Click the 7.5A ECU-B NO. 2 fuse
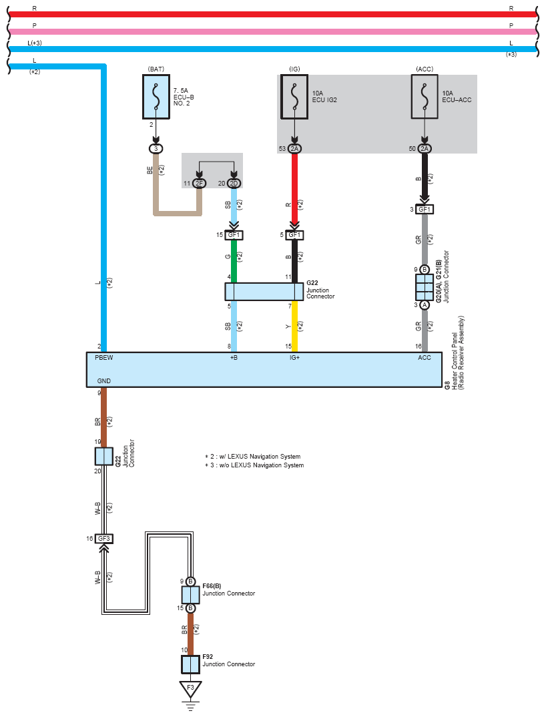(x=156, y=97)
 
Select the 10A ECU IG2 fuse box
(x=294, y=97)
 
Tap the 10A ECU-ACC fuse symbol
(x=425, y=97)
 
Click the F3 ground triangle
(x=191, y=689)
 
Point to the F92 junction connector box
(x=191, y=664)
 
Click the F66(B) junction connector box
(x=191, y=595)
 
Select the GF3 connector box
(x=104, y=539)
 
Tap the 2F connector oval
(x=199, y=184)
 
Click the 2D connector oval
(x=234, y=184)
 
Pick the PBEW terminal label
(x=104, y=358)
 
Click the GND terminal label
(x=104, y=381)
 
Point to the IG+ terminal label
(x=294, y=358)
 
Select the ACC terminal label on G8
(x=425, y=358)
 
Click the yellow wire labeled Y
(x=294, y=326)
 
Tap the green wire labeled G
(x=234, y=261)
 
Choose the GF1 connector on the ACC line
(x=425, y=210)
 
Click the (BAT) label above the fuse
(x=156, y=69)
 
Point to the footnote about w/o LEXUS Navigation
(x=254, y=465)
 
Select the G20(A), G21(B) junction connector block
(x=425, y=287)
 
